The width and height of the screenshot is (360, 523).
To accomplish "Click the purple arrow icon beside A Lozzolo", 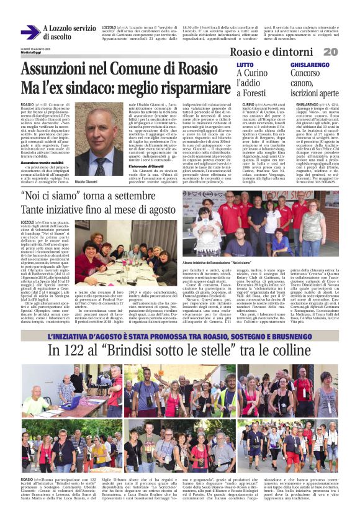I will click(30, 32).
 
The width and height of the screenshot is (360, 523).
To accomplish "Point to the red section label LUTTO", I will click(245, 65).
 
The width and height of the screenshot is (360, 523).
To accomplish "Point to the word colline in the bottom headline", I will click(286, 351).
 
